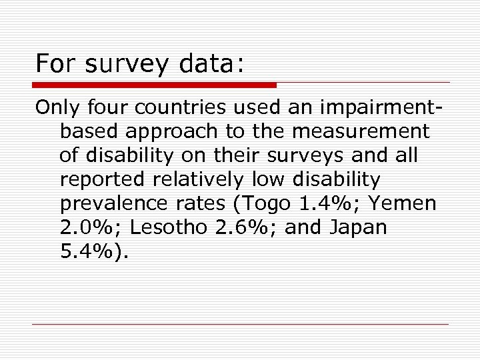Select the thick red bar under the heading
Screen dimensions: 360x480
point(155,85)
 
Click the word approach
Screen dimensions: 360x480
point(173,131)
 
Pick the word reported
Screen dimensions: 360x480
point(101,179)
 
